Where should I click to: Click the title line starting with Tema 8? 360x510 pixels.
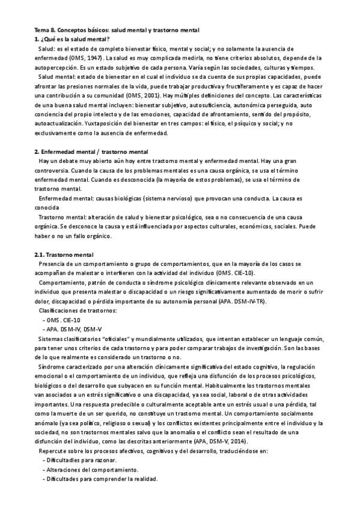click(x=117, y=29)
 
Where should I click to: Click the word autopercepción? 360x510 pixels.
click(x=55, y=67)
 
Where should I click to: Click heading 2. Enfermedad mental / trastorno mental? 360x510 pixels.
click(x=91, y=152)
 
